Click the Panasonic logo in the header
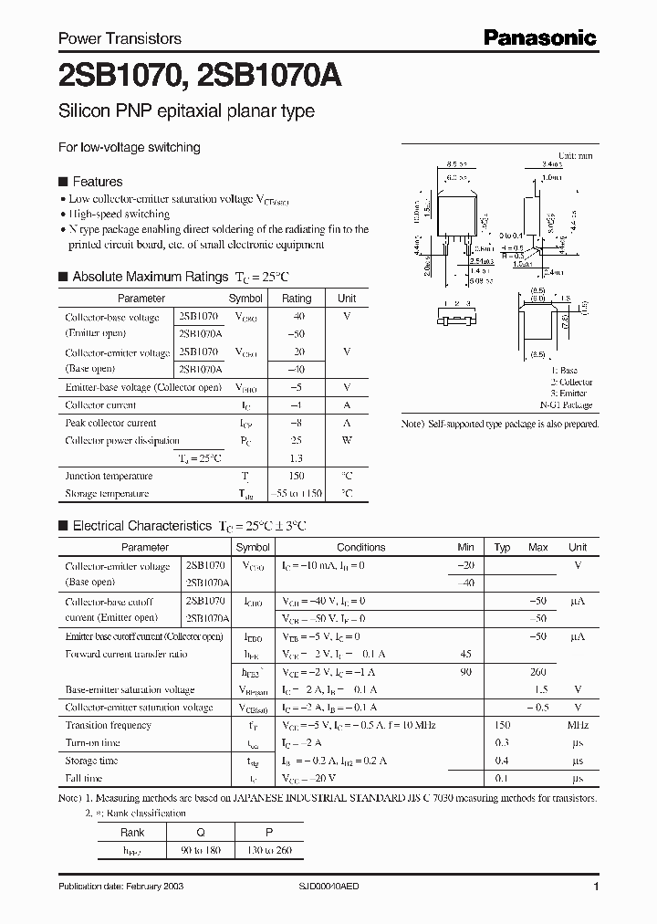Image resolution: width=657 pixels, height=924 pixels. pyautogui.click(x=538, y=37)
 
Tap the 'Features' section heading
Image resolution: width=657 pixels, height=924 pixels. pyautogui.click(x=97, y=182)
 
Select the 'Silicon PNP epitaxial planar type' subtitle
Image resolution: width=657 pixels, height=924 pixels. pyautogui.click(x=186, y=111)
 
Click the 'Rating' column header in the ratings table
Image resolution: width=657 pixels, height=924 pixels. pyautogui.click(x=297, y=299)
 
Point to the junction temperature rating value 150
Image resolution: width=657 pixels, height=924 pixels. pyautogui.click(x=297, y=476)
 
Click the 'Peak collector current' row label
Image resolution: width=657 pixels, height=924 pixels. pyautogui.click(x=110, y=423)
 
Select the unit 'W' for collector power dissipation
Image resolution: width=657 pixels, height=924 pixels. pyautogui.click(x=347, y=441)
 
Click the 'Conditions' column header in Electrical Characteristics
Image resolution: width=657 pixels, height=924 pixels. pyautogui.click(x=361, y=547)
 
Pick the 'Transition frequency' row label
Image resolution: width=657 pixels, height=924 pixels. pyautogui.click(x=109, y=725)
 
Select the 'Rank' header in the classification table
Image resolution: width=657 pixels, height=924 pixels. pyautogui.click(x=132, y=833)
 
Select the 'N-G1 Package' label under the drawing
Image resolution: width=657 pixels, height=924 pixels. pyautogui.click(x=566, y=404)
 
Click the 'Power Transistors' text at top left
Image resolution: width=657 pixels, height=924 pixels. pyautogui.click(x=120, y=38)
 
